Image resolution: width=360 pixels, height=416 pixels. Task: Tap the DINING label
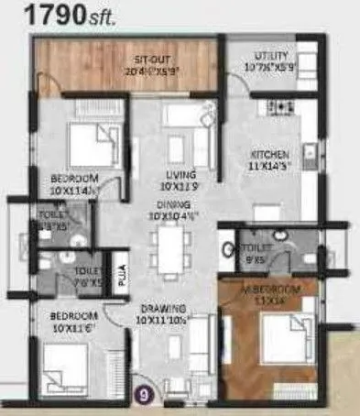click(172, 205)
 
